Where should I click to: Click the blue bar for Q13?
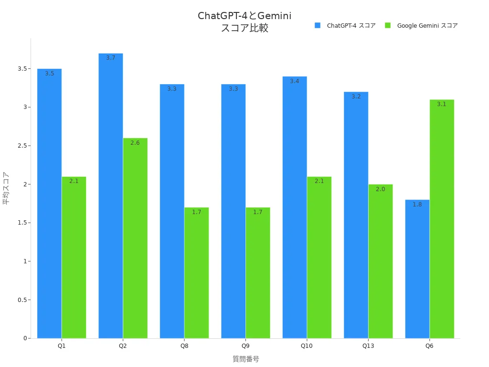[x=356, y=215]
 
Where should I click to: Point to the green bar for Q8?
[x=196, y=273]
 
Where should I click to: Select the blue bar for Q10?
[x=295, y=207]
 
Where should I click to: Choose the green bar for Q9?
[x=258, y=273]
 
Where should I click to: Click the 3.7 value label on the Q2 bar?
[x=111, y=58]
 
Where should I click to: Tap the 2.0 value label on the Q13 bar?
[x=380, y=189]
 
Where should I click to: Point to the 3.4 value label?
[x=295, y=81]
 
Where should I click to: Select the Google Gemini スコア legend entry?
[x=422, y=26]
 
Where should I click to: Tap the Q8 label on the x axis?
[x=184, y=345]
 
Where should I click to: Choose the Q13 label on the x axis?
[x=368, y=345]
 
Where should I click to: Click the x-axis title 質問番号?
[x=245, y=359]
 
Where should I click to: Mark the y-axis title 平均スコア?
[x=6, y=188]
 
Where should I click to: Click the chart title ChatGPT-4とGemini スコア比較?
[x=244, y=22]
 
